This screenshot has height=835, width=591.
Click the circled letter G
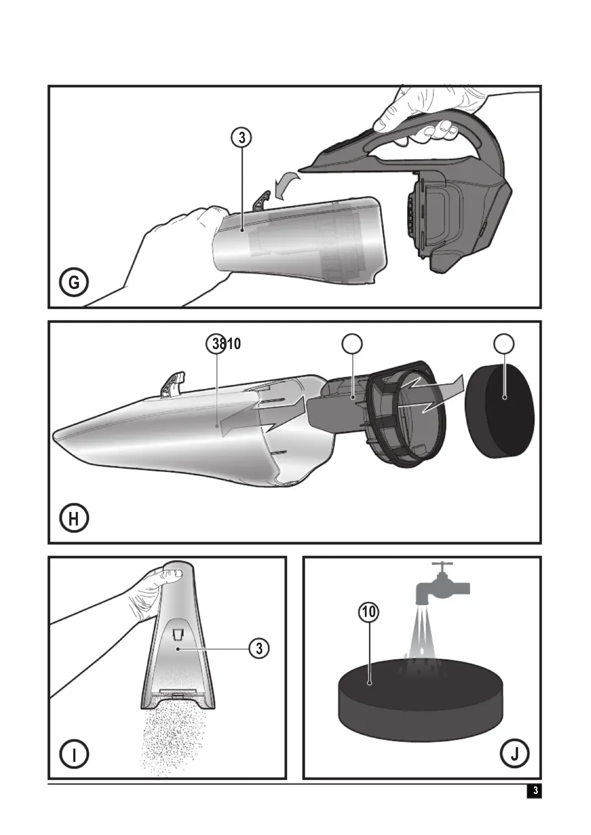pos(74,283)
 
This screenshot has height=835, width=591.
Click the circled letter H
pos(74,518)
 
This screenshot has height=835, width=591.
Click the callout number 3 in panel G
pos(242,138)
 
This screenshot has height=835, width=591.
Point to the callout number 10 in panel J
pos(369,612)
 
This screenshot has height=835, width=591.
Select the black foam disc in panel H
pos(500,410)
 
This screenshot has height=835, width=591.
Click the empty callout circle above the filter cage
pos(352,344)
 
